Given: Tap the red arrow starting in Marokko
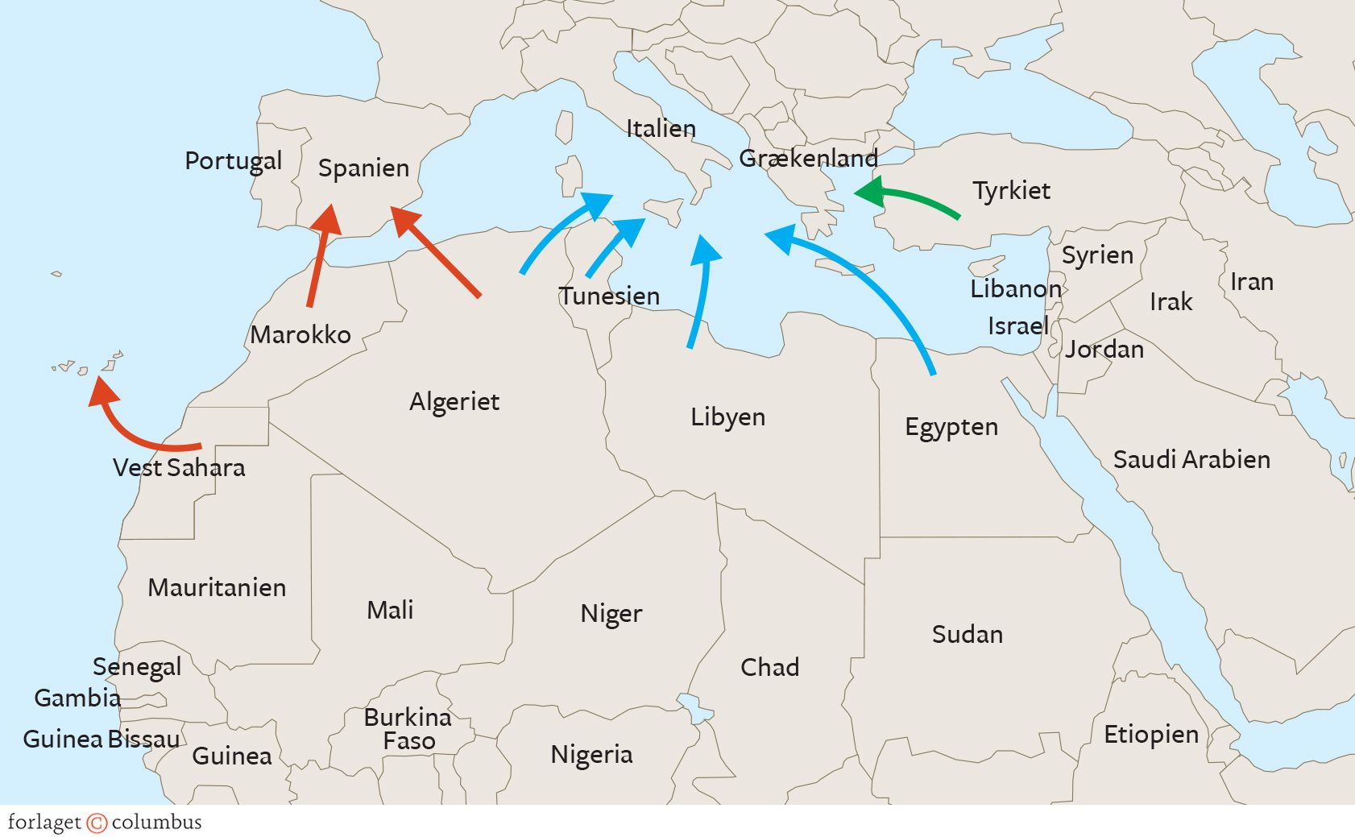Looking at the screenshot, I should pyautogui.click(x=319, y=258).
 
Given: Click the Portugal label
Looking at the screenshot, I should pyautogui.click(x=234, y=161).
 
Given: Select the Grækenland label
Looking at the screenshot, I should pyautogui.click(x=808, y=158).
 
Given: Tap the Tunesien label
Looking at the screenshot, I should pyautogui.click(x=610, y=296).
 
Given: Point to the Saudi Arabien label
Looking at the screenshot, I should pyautogui.click(x=1191, y=460).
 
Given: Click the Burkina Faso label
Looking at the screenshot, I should pyautogui.click(x=408, y=729).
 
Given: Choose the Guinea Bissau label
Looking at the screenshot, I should pyautogui.click(x=102, y=739).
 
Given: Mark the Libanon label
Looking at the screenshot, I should pyautogui.click(x=1015, y=288).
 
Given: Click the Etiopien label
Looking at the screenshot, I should pyautogui.click(x=1150, y=735).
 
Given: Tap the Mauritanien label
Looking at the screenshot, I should pyautogui.click(x=217, y=587).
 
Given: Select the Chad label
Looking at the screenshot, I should pyautogui.click(x=769, y=667).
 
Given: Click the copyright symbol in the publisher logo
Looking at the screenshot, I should pyautogui.click(x=97, y=822).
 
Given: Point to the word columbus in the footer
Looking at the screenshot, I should pyautogui.click(x=157, y=822).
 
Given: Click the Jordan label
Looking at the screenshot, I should pyautogui.click(x=1104, y=350).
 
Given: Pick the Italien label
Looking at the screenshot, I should pyautogui.click(x=661, y=129).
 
